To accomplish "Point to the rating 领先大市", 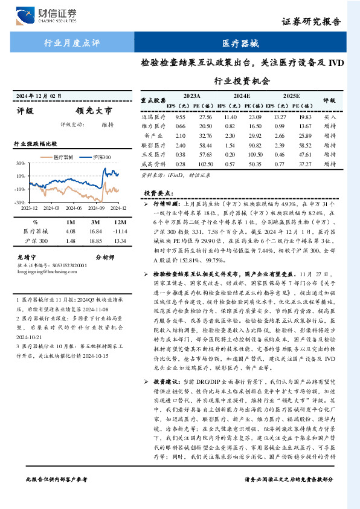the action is tap(94, 111).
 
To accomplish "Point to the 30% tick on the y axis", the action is tap(20, 163).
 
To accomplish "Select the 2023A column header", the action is tap(191, 96).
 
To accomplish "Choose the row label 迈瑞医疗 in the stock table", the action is tap(152, 116).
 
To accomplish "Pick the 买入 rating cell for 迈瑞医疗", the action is tap(330, 116).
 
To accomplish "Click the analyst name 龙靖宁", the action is tap(26, 257).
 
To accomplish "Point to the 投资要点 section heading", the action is tap(159, 192).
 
